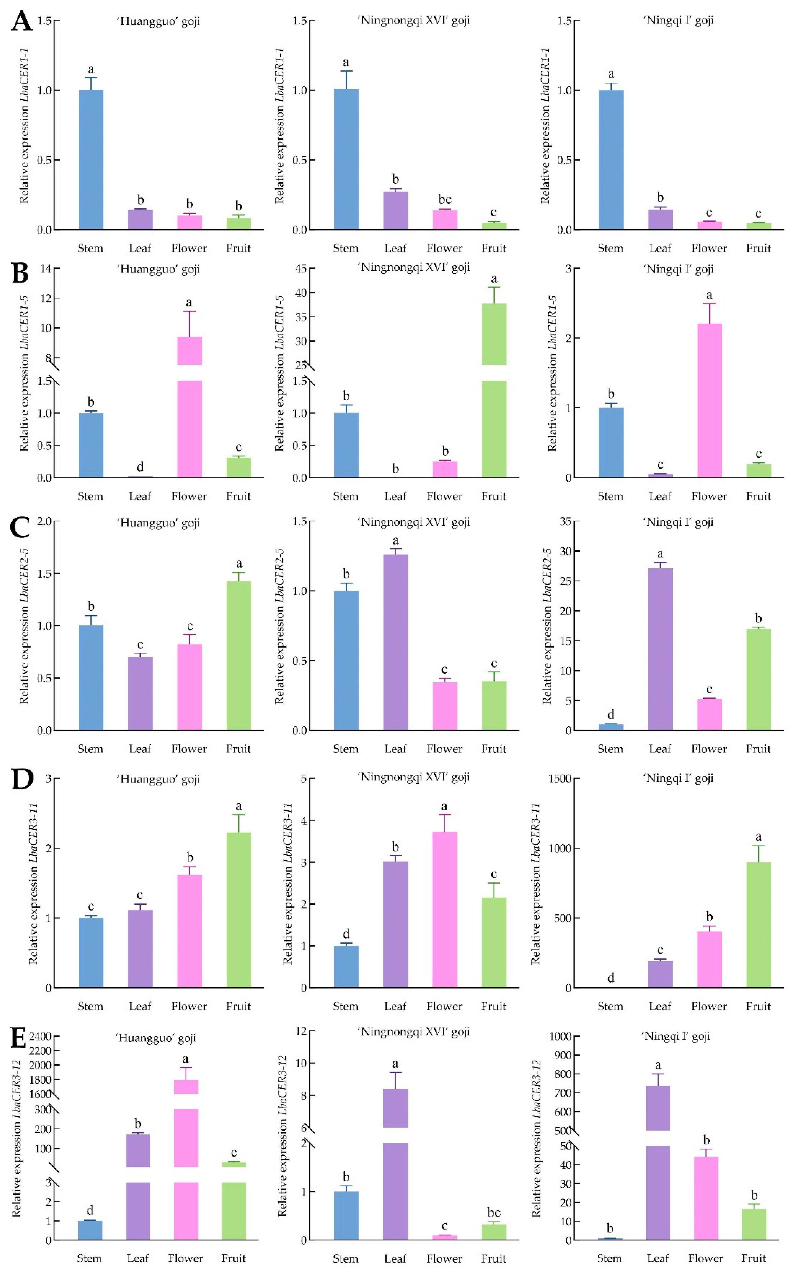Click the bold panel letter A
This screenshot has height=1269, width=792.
pos(22,22)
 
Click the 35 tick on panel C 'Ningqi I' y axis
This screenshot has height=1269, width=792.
pos(565,522)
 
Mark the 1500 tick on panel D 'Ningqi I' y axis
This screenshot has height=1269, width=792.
pos(560,779)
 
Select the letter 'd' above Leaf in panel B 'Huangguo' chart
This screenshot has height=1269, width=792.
pos(140,467)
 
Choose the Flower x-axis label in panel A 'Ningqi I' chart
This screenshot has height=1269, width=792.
pos(709,248)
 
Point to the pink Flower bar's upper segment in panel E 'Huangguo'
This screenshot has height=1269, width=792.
pos(186,1086)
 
